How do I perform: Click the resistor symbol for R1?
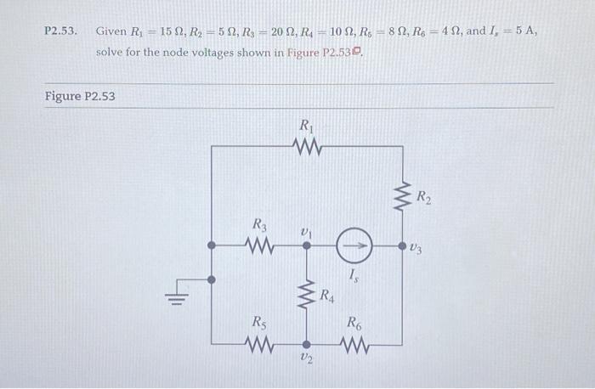pyautogui.click(x=307, y=148)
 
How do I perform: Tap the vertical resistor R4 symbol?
pyautogui.click(x=307, y=296)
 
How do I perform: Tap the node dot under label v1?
pyautogui.click(x=307, y=245)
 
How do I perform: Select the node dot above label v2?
pyautogui.click(x=307, y=344)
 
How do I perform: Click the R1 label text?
pyautogui.click(x=307, y=126)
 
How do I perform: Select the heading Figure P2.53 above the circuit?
pyautogui.click(x=80, y=96)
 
